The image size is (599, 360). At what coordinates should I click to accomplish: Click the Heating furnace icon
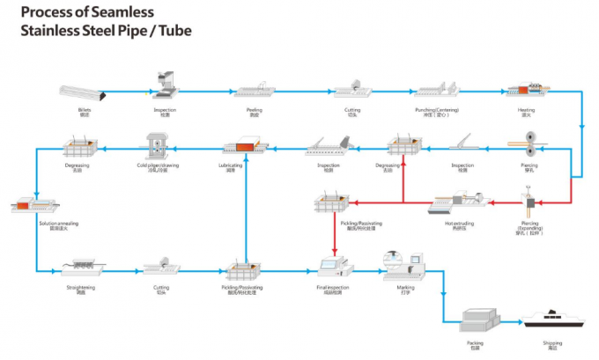coord(529,91)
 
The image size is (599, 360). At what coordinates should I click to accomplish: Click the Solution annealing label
coord(58,224)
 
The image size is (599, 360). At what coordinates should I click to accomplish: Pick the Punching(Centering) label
coord(437,111)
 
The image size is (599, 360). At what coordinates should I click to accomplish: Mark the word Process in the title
coord(47,11)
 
